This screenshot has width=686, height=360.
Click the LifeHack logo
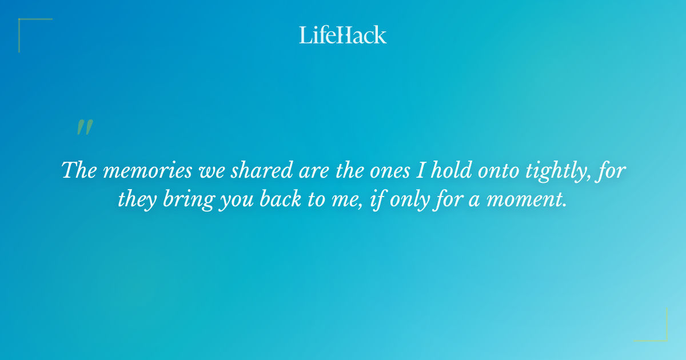tap(343, 35)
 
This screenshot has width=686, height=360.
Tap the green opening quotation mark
tap(85, 127)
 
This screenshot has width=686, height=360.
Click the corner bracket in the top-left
tap(26, 26)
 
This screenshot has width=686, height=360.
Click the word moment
tap(532, 199)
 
